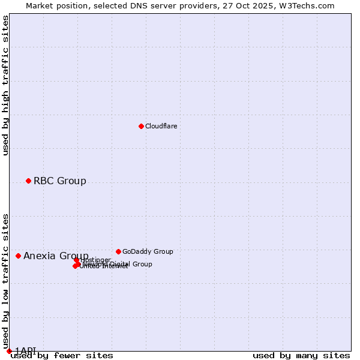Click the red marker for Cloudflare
pyautogui.click(x=141, y=126)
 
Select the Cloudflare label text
pyautogui.click(x=161, y=126)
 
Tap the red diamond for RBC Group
pyautogui.click(x=28, y=181)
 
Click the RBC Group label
pyautogui.click(x=59, y=181)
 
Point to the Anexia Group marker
pyautogui.click(x=18, y=256)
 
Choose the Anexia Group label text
pyautogui.click(x=55, y=256)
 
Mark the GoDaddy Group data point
pyautogui.click(x=118, y=251)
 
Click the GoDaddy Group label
pyautogui.click(x=147, y=251)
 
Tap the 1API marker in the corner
pyautogui.click(x=9, y=351)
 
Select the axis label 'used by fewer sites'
pyautogui.click(x=62, y=355)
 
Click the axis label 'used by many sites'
pyautogui.click(x=301, y=355)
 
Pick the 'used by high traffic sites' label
pyautogui.click(x=5, y=85)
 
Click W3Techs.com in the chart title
pyautogui.click(x=310, y=6)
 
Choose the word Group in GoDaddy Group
pyautogui.click(x=163, y=251)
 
